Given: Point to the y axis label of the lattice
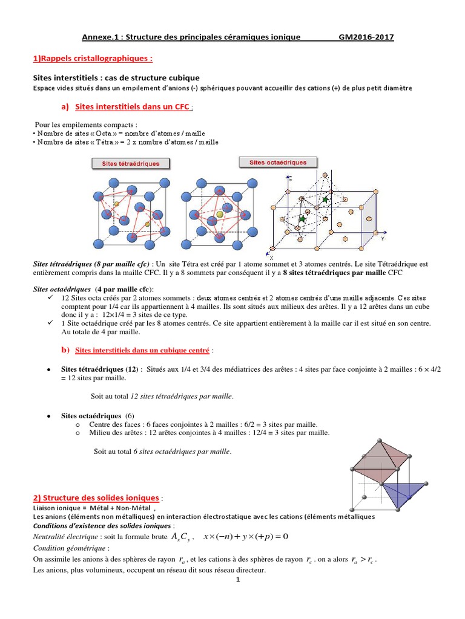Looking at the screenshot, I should coord(383,239).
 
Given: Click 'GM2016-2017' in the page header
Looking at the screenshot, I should coord(366,37).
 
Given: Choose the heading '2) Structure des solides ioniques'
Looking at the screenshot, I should coord(96,497).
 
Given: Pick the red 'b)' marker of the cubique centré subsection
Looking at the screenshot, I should coord(65,349).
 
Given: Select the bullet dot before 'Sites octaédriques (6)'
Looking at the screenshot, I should coord(48,416).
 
